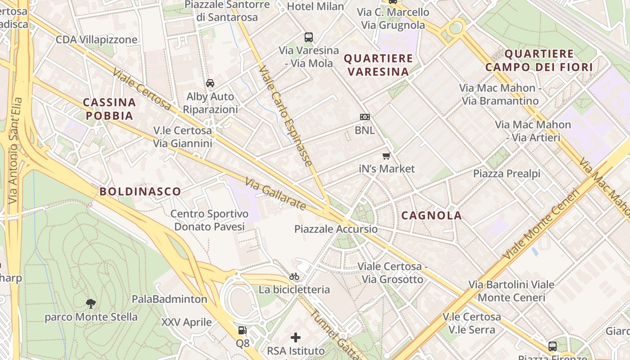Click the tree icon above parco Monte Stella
pyautogui.click(x=91, y=304)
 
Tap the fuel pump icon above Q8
pyautogui.click(x=242, y=331)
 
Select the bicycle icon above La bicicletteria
pyautogui.click(x=294, y=276)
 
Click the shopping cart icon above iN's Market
pyautogui.click(x=386, y=156)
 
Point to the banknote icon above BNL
pyautogui.click(x=365, y=117)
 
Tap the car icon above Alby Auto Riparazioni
pyautogui.click(x=210, y=83)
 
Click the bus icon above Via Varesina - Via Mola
pyautogui.click(x=309, y=37)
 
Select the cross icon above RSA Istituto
pyautogui.click(x=296, y=337)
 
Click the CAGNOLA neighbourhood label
pyautogui.click(x=432, y=216)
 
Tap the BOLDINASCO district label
pyautogui.click(x=140, y=192)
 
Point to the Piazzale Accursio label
pyautogui.click(x=336, y=229)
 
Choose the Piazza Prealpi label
pyautogui.click(x=507, y=174)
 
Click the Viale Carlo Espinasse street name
pyautogui.click(x=286, y=116)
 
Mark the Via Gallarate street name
pyautogui.click(x=275, y=194)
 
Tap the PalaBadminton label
pyautogui.click(x=169, y=299)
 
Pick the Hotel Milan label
pyautogui.click(x=315, y=6)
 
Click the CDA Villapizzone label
pyautogui.click(x=96, y=40)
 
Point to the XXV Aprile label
pyautogui.click(x=186, y=322)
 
